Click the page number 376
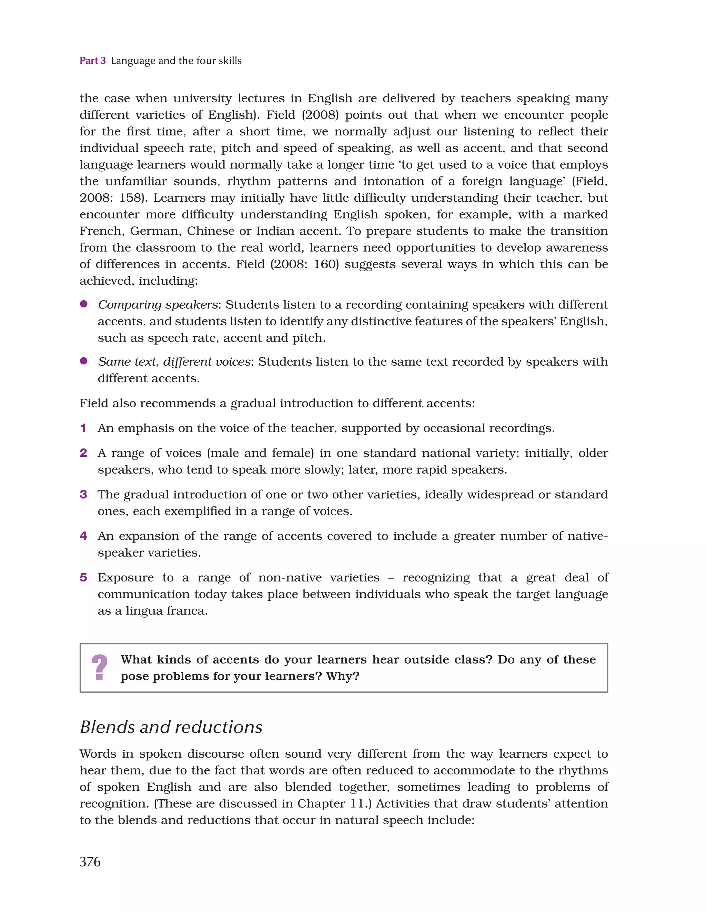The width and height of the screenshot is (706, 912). [x=90, y=861]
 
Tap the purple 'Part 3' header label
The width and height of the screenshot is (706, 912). [x=93, y=61]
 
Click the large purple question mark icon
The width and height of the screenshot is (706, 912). [x=99, y=667]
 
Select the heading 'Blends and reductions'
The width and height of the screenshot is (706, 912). [x=171, y=727]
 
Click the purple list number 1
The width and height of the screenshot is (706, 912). [x=83, y=428]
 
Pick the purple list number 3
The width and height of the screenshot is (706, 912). [x=83, y=494]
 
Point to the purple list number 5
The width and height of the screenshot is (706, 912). [x=83, y=578]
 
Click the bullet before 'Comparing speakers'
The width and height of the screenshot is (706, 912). [x=83, y=304]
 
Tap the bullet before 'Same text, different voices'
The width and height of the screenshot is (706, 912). [x=83, y=361]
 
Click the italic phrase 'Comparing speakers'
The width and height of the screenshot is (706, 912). [x=158, y=305]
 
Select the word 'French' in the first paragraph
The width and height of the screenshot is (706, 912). [x=101, y=231]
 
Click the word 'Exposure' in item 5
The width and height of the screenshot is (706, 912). [x=126, y=578]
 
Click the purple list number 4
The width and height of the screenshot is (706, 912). [x=83, y=536]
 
